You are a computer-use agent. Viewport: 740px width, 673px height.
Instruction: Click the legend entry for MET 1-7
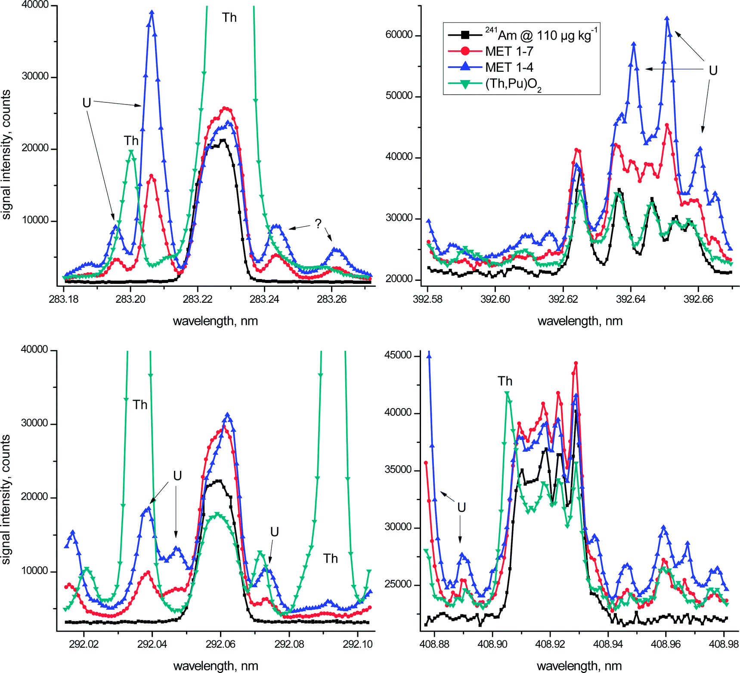click(509, 51)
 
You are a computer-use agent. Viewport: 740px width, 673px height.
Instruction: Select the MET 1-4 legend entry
click(509, 67)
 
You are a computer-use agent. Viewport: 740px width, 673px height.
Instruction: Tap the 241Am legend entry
click(541, 35)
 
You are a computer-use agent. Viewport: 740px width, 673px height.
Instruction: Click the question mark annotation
click(318, 224)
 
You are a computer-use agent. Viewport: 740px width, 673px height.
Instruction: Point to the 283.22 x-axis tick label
click(197, 299)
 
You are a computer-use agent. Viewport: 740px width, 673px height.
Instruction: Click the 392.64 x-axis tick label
click(631, 299)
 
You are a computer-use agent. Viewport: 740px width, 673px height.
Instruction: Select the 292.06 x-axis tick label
click(220, 644)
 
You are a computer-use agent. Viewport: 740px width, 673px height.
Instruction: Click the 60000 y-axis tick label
click(399, 35)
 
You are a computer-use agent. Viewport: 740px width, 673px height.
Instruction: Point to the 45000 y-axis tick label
click(398, 355)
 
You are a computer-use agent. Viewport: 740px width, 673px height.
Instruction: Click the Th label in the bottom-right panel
click(505, 381)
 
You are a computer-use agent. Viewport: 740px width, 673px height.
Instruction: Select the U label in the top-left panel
click(87, 103)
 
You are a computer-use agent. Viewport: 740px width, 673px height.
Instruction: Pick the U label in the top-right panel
click(713, 71)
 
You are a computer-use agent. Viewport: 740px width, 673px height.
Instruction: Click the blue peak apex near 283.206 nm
click(152, 12)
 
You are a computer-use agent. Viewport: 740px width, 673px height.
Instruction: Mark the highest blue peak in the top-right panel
click(667, 19)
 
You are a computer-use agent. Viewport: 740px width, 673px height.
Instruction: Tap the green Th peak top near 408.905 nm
click(507, 393)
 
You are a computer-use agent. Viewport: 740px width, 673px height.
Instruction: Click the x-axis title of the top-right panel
click(580, 321)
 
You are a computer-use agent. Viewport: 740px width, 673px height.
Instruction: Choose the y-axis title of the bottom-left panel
click(6, 499)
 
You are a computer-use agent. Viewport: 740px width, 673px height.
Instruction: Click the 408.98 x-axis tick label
click(724, 644)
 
